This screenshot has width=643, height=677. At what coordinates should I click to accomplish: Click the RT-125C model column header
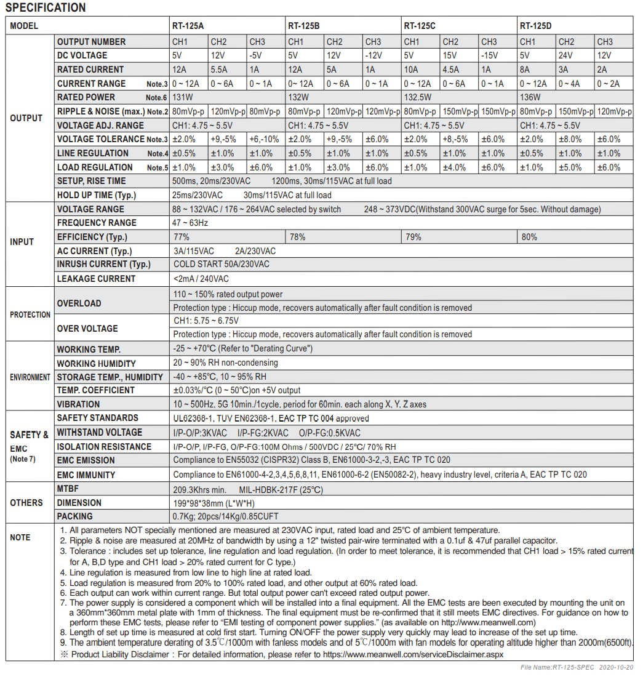[x=420, y=26]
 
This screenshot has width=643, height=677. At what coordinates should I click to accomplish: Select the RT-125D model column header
[x=535, y=26]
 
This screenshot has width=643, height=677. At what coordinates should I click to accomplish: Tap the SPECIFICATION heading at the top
[x=46, y=8]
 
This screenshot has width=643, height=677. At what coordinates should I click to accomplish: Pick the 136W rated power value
[x=530, y=97]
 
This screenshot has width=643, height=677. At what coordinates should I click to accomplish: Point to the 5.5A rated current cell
[x=219, y=70]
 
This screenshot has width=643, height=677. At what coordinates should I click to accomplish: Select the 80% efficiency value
[x=529, y=237]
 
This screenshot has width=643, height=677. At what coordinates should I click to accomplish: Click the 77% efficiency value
[x=181, y=237]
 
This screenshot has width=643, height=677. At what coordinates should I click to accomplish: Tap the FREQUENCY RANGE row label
[x=97, y=223]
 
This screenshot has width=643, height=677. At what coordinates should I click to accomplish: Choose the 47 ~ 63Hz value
[x=190, y=223]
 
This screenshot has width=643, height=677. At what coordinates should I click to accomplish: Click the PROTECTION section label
[x=30, y=314]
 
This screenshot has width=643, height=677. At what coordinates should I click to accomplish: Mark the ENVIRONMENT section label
[x=30, y=377]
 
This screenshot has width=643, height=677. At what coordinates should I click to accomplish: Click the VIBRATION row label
[x=78, y=404]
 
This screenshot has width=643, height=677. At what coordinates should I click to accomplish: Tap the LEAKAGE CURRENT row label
[x=96, y=279]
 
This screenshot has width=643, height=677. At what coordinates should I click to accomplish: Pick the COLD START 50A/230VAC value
[x=221, y=264]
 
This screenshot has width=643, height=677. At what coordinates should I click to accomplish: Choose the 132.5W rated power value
[x=418, y=97]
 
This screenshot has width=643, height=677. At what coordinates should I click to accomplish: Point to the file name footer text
[x=577, y=667]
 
